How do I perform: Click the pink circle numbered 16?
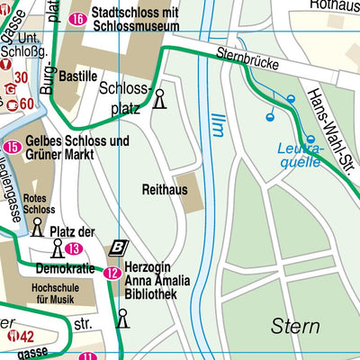click(x=78, y=19)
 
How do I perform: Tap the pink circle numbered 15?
click(x=13, y=148)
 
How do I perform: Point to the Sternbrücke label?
click(x=248, y=60)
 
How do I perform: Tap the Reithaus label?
click(x=163, y=190)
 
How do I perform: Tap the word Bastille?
click(x=78, y=76)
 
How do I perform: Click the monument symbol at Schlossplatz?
click(x=159, y=97)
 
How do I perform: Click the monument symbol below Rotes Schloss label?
click(x=38, y=227)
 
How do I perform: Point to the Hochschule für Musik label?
click(x=40, y=294)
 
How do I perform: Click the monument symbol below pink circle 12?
click(x=122, y=318)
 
